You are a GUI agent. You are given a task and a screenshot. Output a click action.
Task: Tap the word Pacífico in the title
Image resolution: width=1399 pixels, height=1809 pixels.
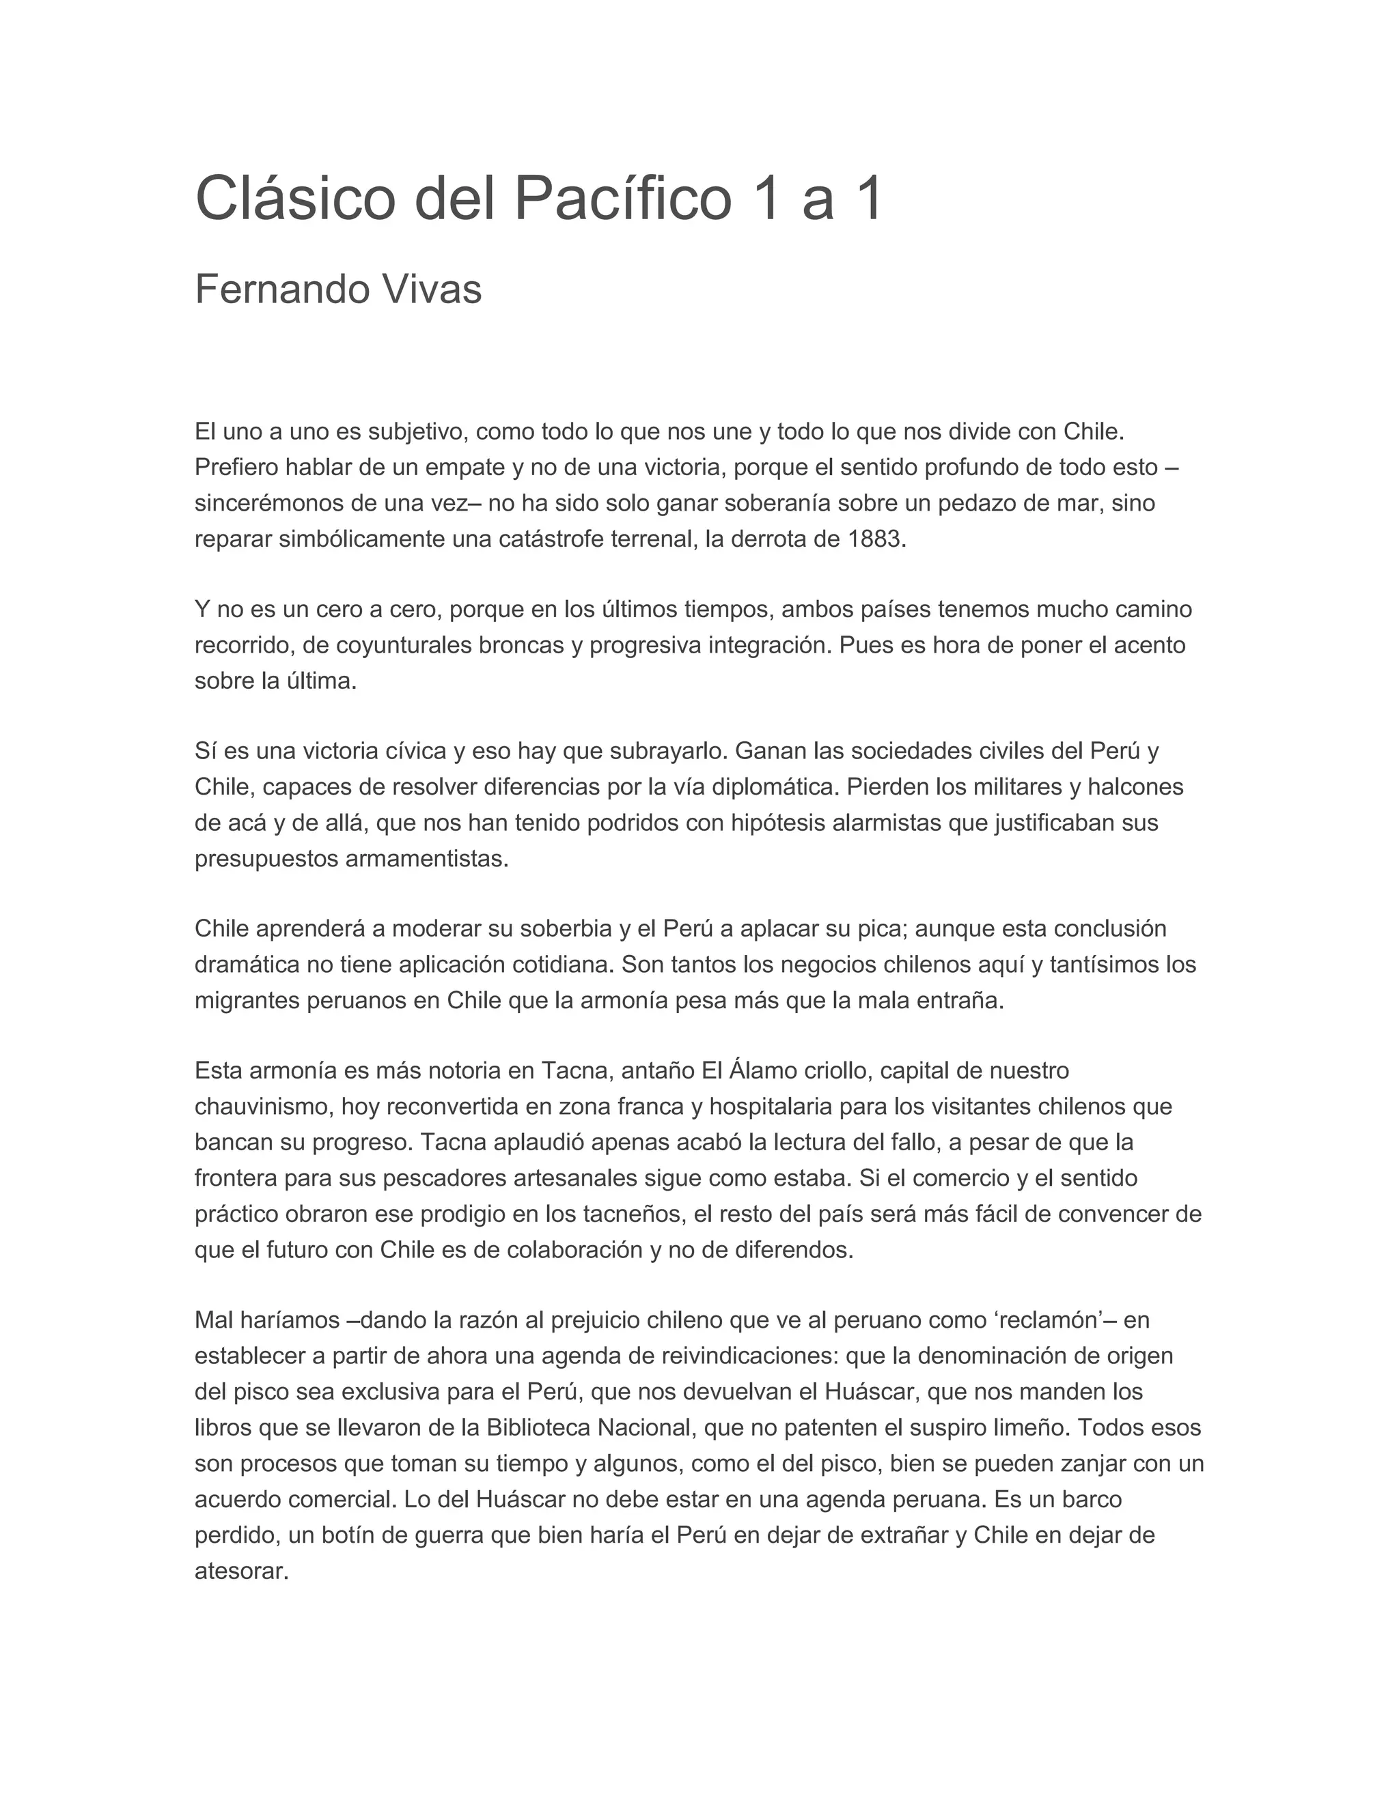coord(622,199)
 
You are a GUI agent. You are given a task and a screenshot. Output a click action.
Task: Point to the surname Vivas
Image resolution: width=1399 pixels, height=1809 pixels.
coord(431,290)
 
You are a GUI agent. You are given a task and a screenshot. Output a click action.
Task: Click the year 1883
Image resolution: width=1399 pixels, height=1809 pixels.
coord(874,539)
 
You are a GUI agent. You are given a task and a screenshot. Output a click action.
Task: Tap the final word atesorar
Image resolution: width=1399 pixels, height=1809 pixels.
coord(240,1571)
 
